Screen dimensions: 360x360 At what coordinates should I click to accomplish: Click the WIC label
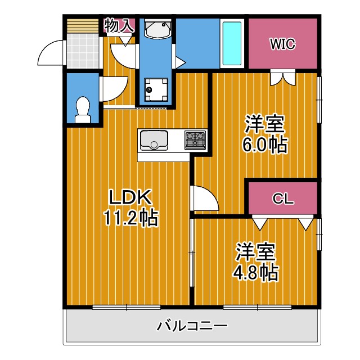[282, 44]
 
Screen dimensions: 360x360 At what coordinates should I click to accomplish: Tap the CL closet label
[282, 199]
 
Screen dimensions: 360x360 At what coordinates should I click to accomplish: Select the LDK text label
[130, 197]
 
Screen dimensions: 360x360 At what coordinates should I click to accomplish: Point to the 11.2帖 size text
[130, 217]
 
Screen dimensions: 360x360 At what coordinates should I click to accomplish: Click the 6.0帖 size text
[264, 145]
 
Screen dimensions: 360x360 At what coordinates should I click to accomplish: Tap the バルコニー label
[192, 326]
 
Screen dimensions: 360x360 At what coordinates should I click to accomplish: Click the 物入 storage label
[119, 25]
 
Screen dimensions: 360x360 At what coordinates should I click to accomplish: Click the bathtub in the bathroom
[232, 44]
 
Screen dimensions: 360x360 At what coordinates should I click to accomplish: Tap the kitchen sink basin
[154, 139]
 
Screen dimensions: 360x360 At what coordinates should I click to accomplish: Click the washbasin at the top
[157, 29]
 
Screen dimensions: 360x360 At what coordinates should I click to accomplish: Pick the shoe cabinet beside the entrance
[83, 26]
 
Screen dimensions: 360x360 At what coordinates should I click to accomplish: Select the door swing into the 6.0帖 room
[204, 198]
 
